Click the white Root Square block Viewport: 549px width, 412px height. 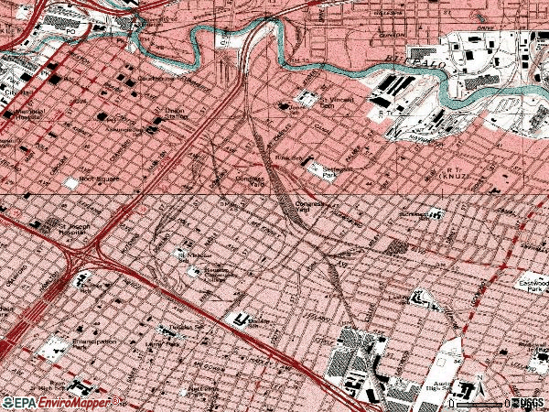(71, 183)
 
